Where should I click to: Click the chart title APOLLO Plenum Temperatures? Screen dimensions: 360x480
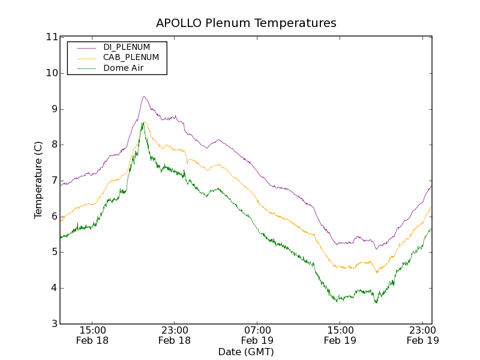pos(246,23)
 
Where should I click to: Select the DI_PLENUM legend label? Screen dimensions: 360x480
pos(127,47)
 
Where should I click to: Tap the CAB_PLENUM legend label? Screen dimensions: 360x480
pos(131,58)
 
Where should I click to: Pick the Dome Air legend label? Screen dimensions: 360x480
pos(123,68)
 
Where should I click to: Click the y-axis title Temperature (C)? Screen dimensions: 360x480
pos(38,180)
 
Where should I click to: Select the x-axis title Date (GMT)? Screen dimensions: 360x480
pos(246,352)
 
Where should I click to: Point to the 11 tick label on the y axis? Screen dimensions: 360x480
pos(51,37)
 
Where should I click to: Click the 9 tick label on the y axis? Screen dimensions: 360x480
pos(54,109)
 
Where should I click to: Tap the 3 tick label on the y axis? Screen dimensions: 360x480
pos(54,324)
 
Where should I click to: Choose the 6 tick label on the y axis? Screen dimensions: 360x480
pos(54,217)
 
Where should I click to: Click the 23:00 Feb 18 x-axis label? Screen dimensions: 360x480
pos(175,335)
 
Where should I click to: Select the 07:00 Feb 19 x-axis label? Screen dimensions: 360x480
pos(257,335)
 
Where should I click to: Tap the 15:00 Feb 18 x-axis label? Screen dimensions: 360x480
pos(92,335)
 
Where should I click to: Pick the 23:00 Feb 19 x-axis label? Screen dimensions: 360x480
pos(422,335)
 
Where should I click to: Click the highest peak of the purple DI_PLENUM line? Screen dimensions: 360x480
pos(143,96)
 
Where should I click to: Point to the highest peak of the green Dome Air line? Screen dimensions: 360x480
pos(142,122)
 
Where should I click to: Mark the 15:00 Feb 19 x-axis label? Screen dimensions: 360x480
pos(340,335)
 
